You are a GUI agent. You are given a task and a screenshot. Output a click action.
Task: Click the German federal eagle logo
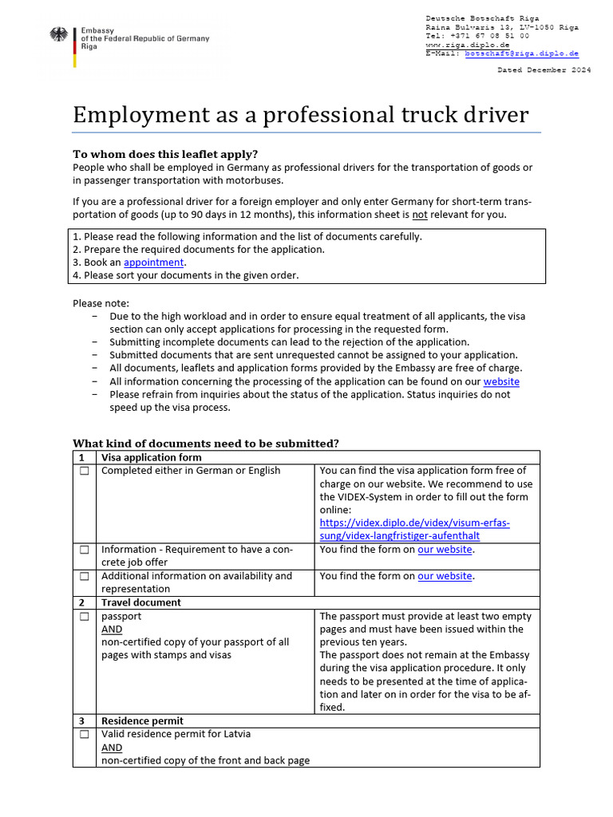[x=59, y=37]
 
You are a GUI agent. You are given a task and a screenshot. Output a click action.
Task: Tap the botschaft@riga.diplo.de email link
[x=522, y=53]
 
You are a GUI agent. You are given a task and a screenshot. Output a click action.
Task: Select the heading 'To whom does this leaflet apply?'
[x=165, y=154]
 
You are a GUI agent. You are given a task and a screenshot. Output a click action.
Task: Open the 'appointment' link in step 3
[x=153, y=262]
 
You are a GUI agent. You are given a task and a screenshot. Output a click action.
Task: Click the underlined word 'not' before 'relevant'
[x=420, y=215]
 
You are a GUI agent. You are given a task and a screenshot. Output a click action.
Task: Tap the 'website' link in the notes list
[x=501, y=381]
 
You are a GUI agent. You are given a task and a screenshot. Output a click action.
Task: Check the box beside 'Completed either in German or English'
[x=84, y=472]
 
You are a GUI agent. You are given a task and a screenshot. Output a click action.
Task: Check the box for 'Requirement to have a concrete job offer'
[x=84, y=551]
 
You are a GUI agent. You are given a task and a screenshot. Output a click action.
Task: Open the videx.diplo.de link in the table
[x=414, y=529]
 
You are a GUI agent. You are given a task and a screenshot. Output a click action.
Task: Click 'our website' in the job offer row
[x=445, y=550]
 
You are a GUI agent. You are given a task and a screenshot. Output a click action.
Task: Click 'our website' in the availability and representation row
[x=445, y=576]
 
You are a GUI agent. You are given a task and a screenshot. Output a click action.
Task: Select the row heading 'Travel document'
[x=140, y=602]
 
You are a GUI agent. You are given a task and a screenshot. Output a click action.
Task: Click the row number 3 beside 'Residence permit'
[x=81, y=720]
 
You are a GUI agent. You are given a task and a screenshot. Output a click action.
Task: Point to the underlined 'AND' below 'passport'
[x=112, y=629]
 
